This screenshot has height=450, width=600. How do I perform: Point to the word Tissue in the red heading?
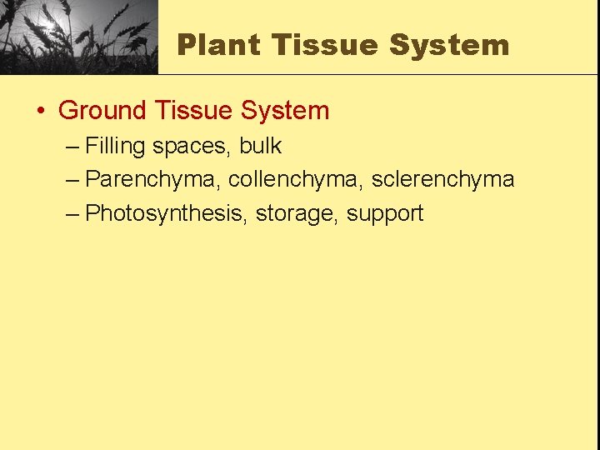(194, 111)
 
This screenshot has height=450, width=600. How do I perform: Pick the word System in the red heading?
(285, 111)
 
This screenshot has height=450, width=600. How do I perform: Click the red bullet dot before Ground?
(41, 112)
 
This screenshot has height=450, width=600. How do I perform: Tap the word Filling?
(115, 147)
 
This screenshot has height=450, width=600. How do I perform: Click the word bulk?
(261, 146)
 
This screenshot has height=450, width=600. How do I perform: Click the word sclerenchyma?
(442, 180)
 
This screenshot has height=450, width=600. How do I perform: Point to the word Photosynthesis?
(166, 213)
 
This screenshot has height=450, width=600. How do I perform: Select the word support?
(385, 214)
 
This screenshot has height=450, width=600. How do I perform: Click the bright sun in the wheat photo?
(50, 26)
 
